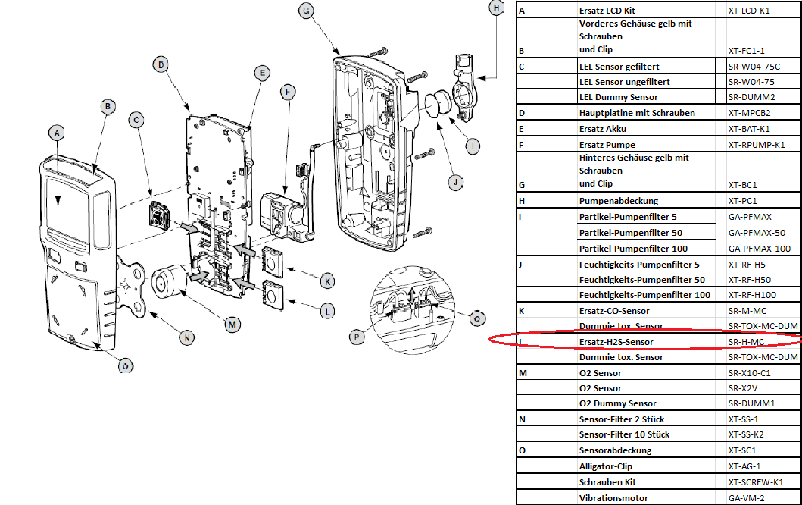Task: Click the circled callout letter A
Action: tap(55, 132)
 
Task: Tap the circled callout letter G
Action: tap(305, 11)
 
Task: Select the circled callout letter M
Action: tap(232, 324)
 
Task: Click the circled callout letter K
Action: tap(327, 281)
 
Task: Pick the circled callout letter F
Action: tap(286, 93)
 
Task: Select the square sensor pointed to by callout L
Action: tap(271, 293)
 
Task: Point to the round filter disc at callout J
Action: tap(437, 104)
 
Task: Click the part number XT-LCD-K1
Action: tap(748, 11)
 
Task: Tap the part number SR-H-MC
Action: tap(747, 342)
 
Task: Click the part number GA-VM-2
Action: tap(746, 497)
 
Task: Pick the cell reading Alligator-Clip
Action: tap(605, 466)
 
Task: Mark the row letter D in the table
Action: tap(521, 113)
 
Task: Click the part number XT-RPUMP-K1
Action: tap(757, 144)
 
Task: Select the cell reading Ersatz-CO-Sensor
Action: tap(613, 311)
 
